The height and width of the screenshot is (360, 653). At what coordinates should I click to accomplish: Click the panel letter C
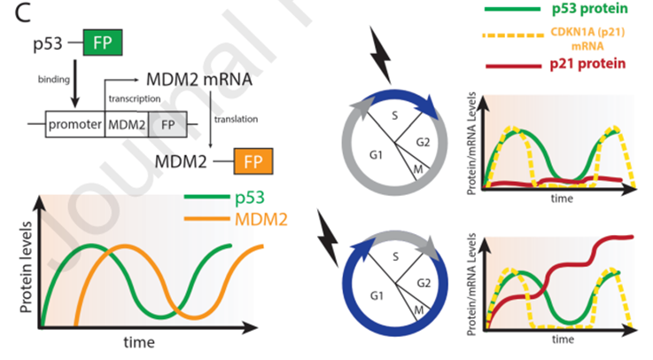[15, 12]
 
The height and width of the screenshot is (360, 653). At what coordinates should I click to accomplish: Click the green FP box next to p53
[105, 43]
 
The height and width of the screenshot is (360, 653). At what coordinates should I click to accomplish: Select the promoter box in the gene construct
[74, 124]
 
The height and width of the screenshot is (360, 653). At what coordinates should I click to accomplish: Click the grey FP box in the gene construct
[167, 124]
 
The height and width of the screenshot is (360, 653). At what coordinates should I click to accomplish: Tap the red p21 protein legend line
[509, 65]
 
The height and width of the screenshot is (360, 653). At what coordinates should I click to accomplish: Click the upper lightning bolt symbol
[384, 54]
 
